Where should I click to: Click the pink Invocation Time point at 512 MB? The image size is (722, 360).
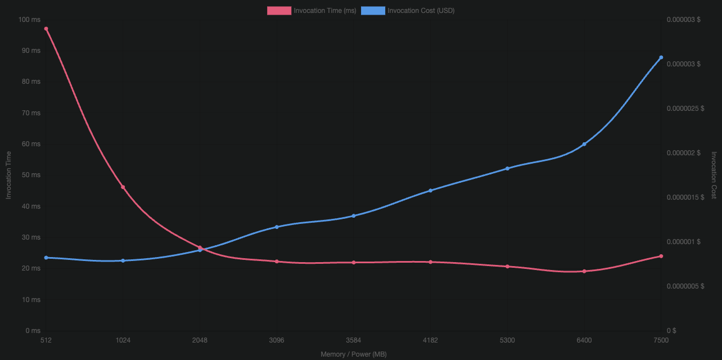click(46, 29)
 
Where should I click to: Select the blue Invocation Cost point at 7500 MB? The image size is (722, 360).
click(661, 57)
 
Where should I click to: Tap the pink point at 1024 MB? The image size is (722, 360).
click(123, 187)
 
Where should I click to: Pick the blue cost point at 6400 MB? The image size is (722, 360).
click(584, 145)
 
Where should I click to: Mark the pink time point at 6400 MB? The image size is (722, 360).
click(584, 271)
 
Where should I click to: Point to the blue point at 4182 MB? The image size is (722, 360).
click(430, 191)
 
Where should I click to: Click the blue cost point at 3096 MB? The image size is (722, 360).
click(277, 227)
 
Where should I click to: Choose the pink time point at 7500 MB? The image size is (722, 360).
click(661, 256)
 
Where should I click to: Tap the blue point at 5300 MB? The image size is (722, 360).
click(507, 169)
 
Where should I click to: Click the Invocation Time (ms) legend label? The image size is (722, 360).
click(324, 11)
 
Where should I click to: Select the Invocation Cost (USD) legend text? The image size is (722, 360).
click(421, 11)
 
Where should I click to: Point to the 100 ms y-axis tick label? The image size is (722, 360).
click(29, 20)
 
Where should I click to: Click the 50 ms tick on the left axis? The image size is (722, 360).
click(31, 175)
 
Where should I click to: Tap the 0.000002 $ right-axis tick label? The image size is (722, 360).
click(683, 153)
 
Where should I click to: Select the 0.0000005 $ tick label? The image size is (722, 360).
click(685, 286)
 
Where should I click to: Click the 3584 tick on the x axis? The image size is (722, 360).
click(354, 340)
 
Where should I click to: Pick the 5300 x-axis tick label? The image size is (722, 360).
click(507, 340)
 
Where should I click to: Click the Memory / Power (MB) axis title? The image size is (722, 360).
click(354, 354)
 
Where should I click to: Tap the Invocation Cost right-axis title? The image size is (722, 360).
click(714, 175)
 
